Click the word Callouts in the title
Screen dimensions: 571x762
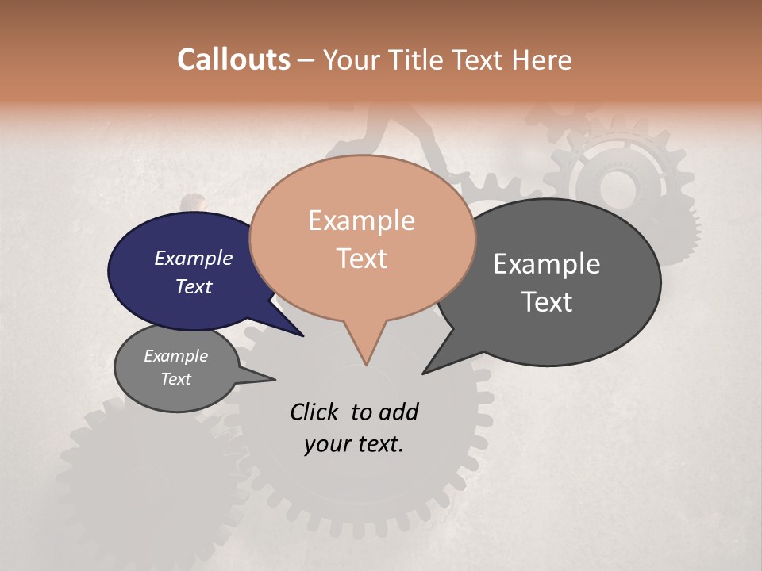pyautogui.click(x=233, y=59)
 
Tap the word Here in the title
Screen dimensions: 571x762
pyautogui.click(x=541, y=59)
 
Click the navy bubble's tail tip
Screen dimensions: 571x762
pyautogui.click(x=303, y=336)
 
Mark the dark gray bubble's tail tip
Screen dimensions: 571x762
pyautogui.click(x=423, y=373)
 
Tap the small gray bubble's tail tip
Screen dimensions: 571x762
pyautogui.click(x=275, y=379)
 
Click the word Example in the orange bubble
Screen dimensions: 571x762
pyautogui.click(x=361, y=220)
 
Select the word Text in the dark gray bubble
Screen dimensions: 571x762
pyautogui.click(x=547, y=302)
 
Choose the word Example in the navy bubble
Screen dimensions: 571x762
pyautogui.click(x=193, y=258)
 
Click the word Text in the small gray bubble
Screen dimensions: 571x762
pyautogui.click(x=176, y=379)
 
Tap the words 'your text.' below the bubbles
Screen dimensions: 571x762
pyautogui.click(x=354, y=444)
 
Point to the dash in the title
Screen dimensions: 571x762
pyautogui.click(x=307, y=59)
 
